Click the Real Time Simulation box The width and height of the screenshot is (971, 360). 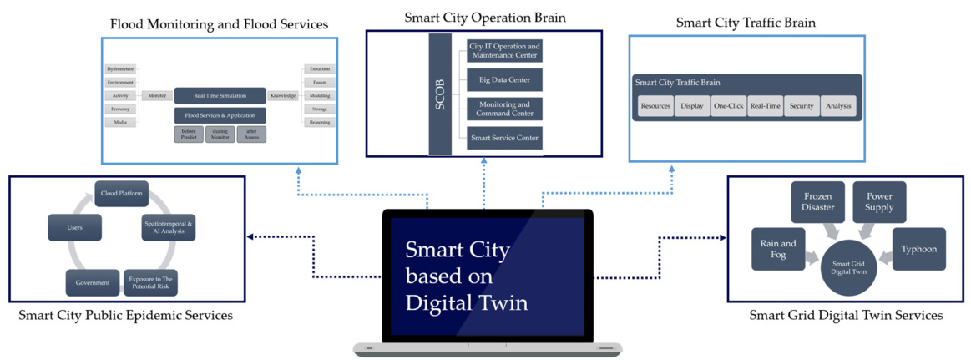(220, 96)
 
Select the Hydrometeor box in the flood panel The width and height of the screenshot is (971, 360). (120, 69)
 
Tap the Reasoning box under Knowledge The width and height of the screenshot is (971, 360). (319, 122)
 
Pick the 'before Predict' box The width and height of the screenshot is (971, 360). (189, 134)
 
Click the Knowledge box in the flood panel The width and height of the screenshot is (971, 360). (283, 96)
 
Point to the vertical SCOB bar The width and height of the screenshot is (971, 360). (440, 94)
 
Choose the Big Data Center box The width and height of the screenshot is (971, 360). (504, 80)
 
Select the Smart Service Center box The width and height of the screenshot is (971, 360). (504, 138)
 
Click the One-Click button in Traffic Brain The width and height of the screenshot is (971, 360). (729, 106)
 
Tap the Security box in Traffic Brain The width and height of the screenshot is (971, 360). (802, 106)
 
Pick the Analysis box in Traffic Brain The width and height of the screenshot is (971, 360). (837, 106)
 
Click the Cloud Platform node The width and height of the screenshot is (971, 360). (121, 194)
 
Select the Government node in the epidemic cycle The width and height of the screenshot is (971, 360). (93, 282)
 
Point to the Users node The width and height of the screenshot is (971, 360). (75, 226)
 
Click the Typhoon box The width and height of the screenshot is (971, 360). (919, 249)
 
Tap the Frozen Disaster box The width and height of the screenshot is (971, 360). (818, 202)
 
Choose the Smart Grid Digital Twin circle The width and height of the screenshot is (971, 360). (848, 266)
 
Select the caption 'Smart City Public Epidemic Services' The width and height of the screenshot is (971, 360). (125, 316)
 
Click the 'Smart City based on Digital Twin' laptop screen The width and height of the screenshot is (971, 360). (487, 276)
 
